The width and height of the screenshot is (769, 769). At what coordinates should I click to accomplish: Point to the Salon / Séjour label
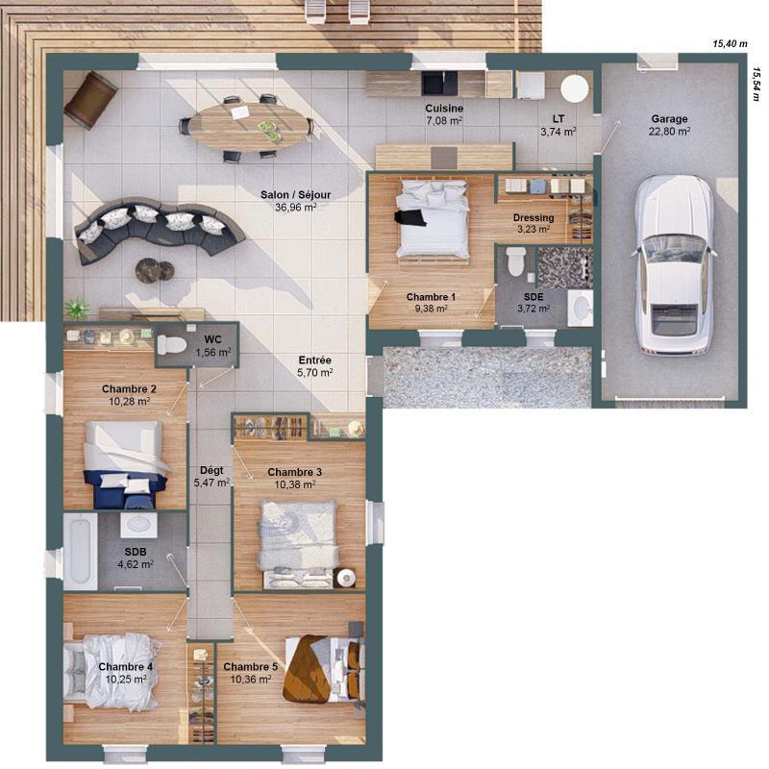[295, 200]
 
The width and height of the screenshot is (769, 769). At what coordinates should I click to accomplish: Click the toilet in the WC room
[171, 345]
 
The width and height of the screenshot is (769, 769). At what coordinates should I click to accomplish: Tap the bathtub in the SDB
[80, 551]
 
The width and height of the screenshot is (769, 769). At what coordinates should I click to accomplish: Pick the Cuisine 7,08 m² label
[444, 114]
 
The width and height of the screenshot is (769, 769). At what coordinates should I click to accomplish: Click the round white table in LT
[575, 88]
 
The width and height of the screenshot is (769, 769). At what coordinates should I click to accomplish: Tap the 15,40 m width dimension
[730, 43]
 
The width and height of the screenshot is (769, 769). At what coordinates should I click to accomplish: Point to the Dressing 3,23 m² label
[533, 223]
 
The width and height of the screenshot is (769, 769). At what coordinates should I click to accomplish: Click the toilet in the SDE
[516, 260]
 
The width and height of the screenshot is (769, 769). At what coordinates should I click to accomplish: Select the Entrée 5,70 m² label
[313, 364]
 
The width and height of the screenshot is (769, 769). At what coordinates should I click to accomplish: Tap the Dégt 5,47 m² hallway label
[211, 476]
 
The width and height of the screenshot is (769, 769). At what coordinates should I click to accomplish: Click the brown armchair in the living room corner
[91, 98]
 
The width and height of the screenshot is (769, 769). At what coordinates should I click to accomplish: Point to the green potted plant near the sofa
[77, 308]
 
